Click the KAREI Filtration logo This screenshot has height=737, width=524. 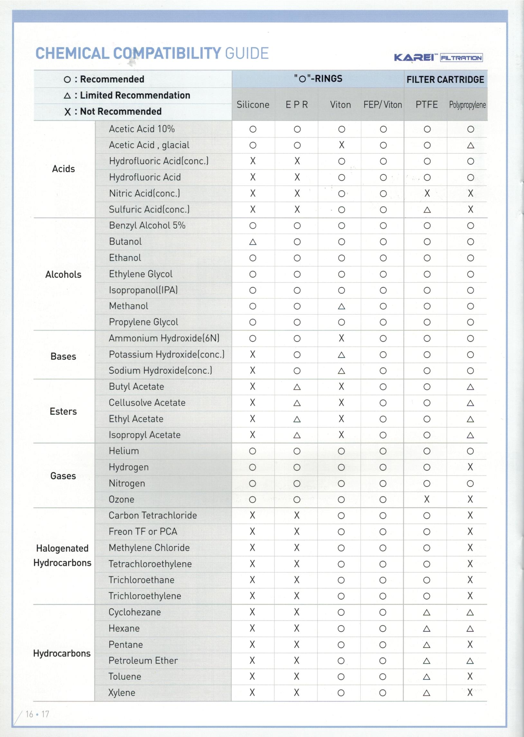[x=438, y=57]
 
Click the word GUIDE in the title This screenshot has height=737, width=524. [x=247, y=53]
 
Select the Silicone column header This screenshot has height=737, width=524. [x=253, y=105]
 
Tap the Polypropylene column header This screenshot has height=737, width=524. [x=467, y=105]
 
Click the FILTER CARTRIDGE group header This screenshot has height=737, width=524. [x=445, y=80]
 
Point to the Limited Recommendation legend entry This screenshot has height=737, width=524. [x=127, y=95]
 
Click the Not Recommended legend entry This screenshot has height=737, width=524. [x=113, y=111]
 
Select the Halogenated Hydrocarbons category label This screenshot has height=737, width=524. [x=62, y=555]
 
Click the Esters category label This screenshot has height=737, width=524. [x=63, y=411]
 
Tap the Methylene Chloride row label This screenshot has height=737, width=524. [x=149, y=548]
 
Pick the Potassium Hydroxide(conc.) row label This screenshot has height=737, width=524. [x=166, y=354]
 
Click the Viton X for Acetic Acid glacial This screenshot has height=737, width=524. [x=342, y=145]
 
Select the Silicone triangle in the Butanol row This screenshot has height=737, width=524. [x=253, y=242]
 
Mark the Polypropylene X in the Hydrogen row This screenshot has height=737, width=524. [x=470, y=467]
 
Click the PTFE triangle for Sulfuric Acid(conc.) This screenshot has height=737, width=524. [x=427, y=210]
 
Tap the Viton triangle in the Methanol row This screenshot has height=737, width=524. [x=342, y=306]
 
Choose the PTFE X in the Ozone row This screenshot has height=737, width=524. [x=426, y=499]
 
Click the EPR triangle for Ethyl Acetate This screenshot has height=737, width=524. [x=297, y=419]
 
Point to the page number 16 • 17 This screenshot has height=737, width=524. [x=37, y=714]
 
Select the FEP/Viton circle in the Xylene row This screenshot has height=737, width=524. [x=383, y=693]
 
